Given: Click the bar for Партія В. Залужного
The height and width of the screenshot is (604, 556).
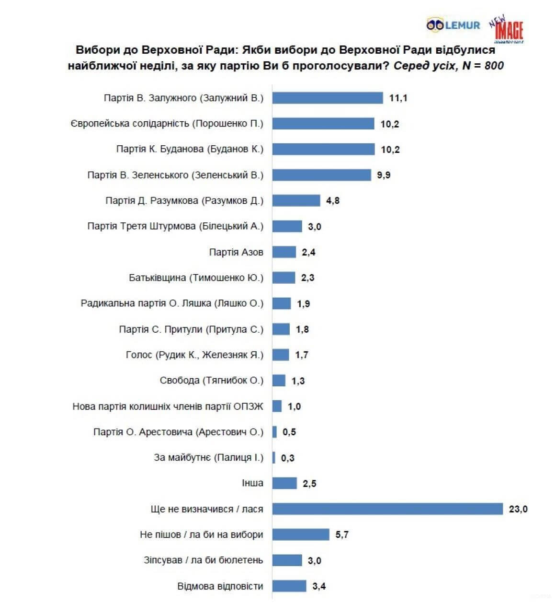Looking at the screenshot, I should point(328,98).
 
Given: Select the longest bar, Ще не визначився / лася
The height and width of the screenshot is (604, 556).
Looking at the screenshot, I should point(387,509).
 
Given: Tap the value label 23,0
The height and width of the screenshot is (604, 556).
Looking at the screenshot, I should point(518,509).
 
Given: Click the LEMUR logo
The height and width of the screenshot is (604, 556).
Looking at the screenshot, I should point(453,25).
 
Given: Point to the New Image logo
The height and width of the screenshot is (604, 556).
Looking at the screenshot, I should point(507,30).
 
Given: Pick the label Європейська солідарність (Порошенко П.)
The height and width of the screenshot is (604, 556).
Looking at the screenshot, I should point(167,124).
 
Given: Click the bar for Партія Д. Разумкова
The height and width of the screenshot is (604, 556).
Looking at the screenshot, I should point(296,200).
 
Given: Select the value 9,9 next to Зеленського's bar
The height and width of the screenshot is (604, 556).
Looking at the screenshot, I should point(384,175).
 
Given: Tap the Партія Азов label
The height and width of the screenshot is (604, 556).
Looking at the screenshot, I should point(236,252).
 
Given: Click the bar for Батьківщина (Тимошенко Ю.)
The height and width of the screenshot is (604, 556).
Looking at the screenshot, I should point(284,278).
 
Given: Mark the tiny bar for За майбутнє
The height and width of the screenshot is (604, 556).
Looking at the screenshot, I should point(274,457).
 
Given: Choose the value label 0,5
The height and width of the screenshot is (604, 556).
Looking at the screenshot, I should point(289,432).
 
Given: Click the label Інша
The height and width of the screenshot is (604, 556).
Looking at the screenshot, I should point(252,483).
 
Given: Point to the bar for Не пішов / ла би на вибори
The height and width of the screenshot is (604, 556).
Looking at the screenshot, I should point(301,534).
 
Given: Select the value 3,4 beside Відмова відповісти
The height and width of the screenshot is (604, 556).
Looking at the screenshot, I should point(319,586).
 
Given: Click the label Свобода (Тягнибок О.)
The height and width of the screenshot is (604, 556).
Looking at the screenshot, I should point(211,381).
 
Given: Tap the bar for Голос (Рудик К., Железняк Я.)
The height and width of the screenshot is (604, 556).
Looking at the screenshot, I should point(281,355).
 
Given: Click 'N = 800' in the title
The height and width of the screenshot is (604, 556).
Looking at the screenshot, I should point(483,66).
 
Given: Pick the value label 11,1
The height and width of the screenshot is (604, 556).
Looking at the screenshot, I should point(398,98).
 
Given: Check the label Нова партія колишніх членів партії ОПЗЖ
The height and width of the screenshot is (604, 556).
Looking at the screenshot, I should point(168,407).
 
